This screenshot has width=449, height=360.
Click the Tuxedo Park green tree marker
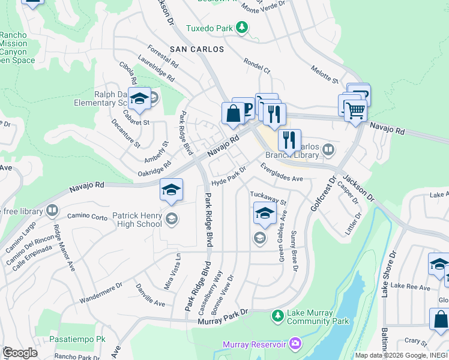[241, 28]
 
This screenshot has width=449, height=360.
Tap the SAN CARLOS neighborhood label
[197, 49]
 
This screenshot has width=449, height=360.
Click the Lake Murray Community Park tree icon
[277, 315]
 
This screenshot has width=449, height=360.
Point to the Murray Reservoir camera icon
[295, 344]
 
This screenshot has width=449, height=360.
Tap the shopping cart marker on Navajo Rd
[355, 110]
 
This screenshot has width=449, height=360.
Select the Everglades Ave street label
[282, 173]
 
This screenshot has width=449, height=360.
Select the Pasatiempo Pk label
[80, 339]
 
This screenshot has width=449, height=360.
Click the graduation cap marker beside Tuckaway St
[264, 213]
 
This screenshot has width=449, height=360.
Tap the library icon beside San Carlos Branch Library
[328, 149]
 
